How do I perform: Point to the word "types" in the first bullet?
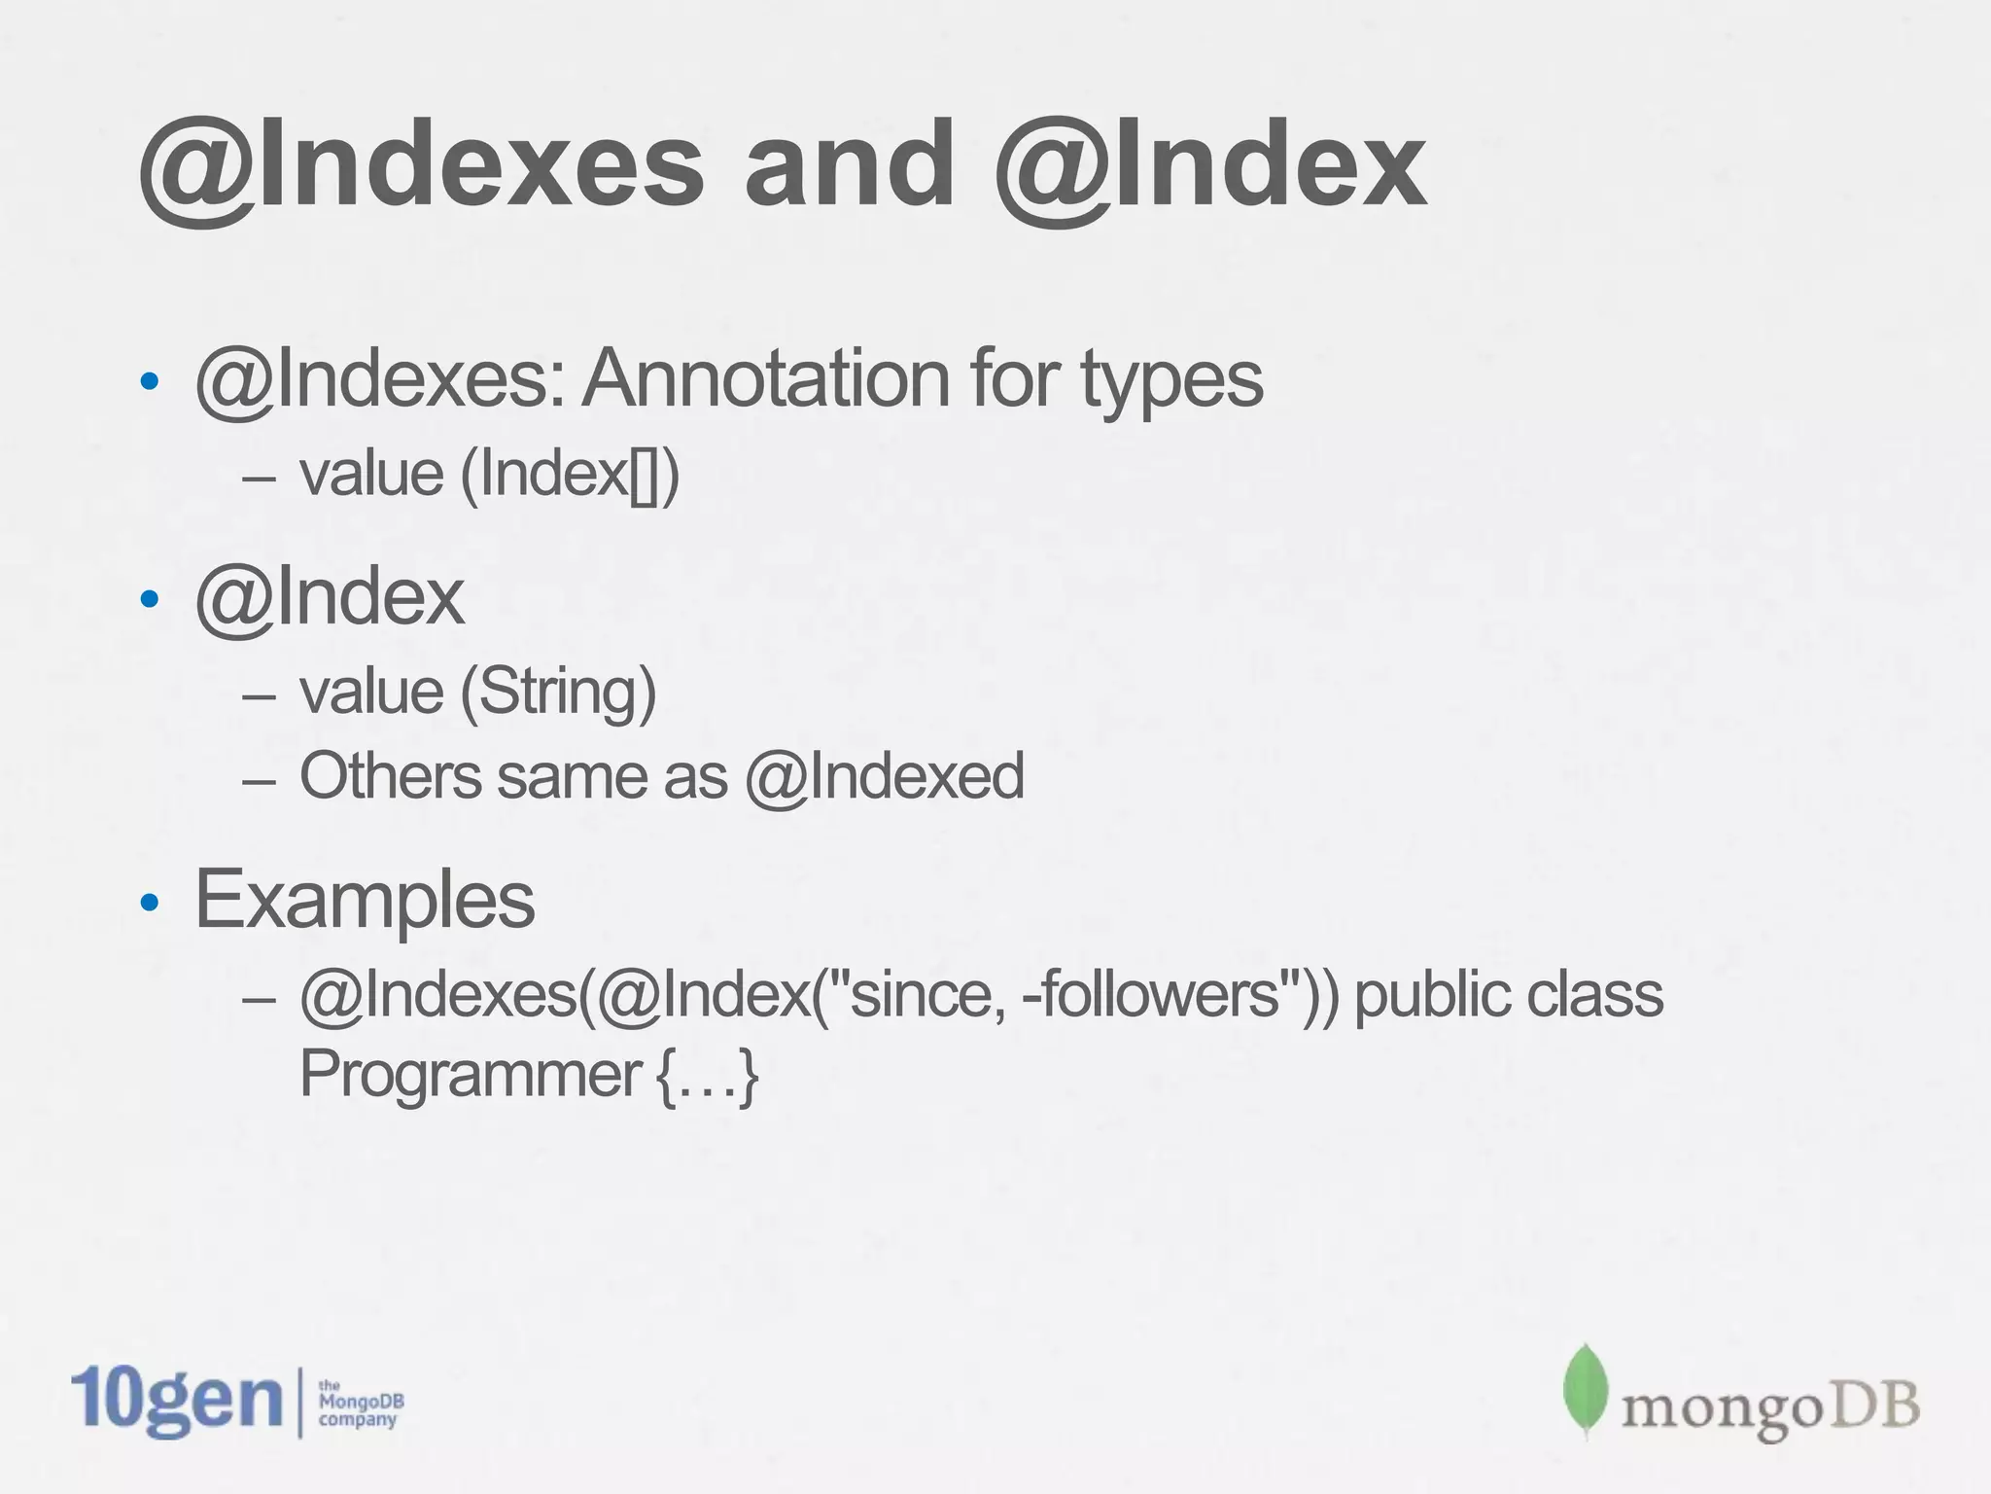pyautogui.click(x=1170, y=380)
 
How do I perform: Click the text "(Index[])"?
pyautogui.click(x=569, y=475)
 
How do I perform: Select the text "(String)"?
pyautogui.click(x=557, y=692)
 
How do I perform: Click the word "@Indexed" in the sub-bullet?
pyautogui.click(x=885, y=776)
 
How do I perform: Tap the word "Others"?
pyautogui.click(x=390, y=776)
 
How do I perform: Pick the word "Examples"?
pyautogui.click(x=365, y=900)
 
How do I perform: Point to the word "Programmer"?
pyautogui.click(x=469, y=1075)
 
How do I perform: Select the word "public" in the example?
pyautogui.click(x=1418, y=997)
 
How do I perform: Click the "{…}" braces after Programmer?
pyautogui.click(x=708, y=1076)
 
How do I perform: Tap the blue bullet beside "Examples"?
pyautogui.click(x=149, y=904)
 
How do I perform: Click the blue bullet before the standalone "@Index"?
pyautogui.click(x=149, y=600)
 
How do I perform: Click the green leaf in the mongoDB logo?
pyautogui.click(x=1586, y=1391)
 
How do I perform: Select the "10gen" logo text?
pyautogui.click(x=176, y=1400)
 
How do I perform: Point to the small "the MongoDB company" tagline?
pyautogui.click(x=361, y=1403)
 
